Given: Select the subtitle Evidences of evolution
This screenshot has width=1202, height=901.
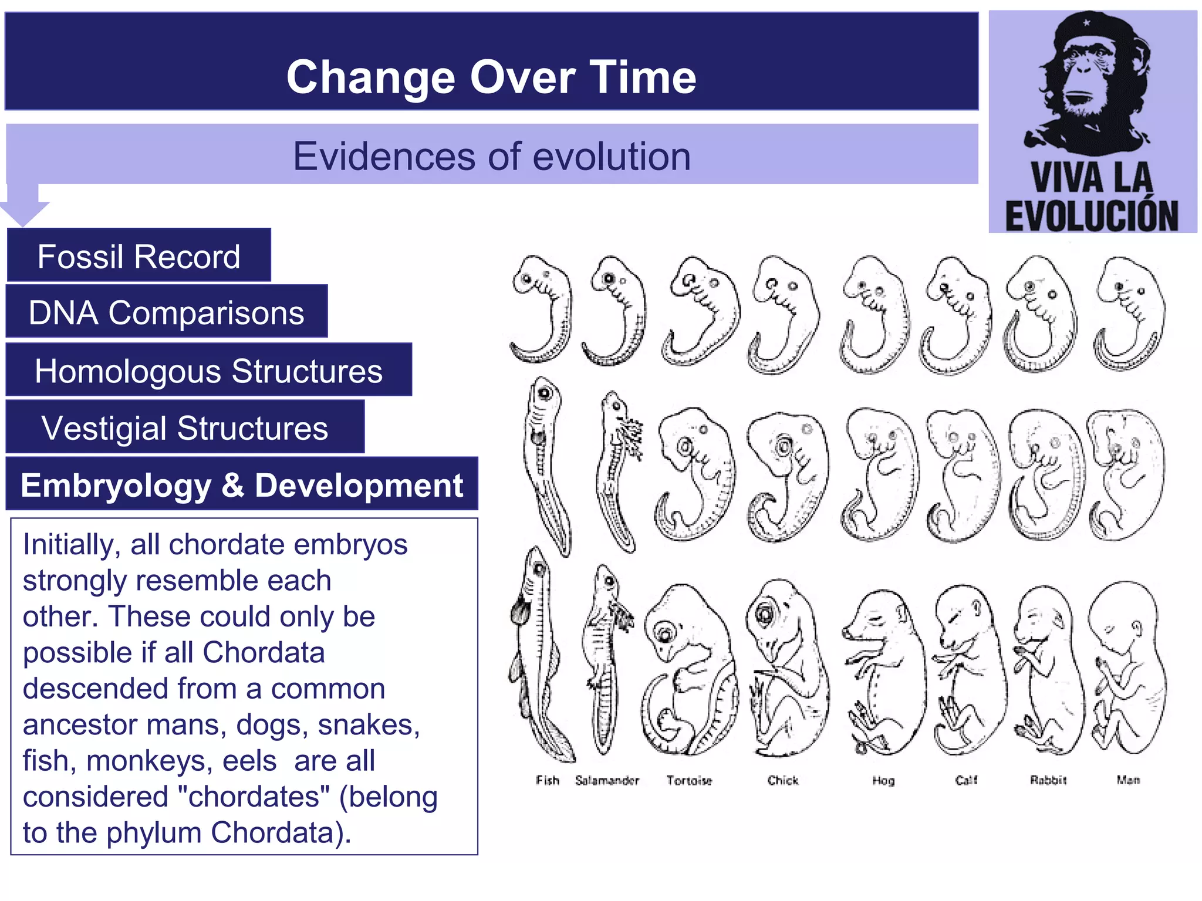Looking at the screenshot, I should (x=491, y=156).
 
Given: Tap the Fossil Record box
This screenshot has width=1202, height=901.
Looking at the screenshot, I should (x=139, y=256).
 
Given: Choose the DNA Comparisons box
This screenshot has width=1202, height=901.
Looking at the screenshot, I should (x=166, y=312).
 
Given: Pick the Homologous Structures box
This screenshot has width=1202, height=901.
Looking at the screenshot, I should (x=208, y=371).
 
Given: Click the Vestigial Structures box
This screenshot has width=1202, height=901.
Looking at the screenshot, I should (x=184, y=428).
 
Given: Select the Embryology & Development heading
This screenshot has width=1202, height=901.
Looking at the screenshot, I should (x=241, y=485).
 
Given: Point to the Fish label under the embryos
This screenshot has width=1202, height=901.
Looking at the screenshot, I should (x=547, y=780).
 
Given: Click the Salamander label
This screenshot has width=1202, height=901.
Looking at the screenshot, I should (x=607, y=780).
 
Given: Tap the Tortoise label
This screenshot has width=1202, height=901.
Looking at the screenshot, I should (x=689, y=780).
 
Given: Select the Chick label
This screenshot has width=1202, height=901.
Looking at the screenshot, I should (x=783, y=780).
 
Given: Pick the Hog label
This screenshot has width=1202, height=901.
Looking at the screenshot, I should (x=883, y=780).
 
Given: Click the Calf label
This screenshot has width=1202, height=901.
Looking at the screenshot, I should (x=966, y=780).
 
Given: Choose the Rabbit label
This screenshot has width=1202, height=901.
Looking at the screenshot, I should (x=1048, y=780).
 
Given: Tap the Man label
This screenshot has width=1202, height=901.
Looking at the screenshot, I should (x=1128, y=780).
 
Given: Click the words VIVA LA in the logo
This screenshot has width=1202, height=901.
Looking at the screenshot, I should (x=1092, y=178).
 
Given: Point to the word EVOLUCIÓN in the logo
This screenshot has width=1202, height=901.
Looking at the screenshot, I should (x=1092, y=215).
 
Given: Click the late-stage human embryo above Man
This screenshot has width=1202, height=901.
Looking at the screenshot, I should (x=1127, y=669).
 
